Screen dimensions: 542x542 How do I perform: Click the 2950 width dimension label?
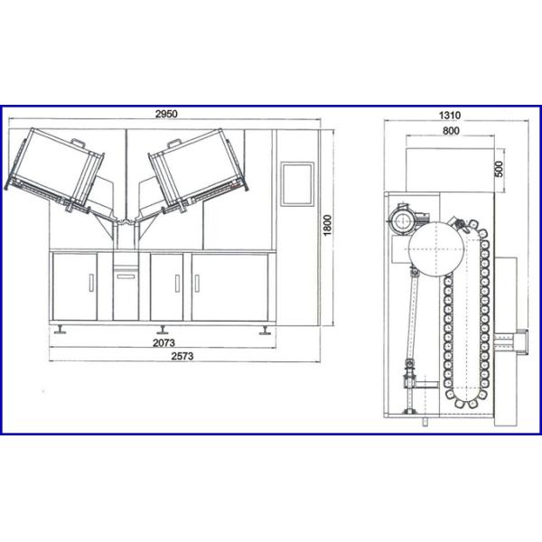tap(165, 115)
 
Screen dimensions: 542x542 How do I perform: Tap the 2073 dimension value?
tap(165, 343)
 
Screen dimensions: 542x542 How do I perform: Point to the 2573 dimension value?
tap(183, 358)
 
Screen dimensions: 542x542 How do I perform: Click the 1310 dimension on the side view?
tap(450, 115)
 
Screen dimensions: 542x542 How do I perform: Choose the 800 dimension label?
tap(451, 131)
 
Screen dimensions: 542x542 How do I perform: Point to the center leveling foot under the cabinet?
tap(162, 329)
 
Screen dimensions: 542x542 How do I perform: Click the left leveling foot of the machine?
tap(60, 330)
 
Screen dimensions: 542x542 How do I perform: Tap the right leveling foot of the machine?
tap(265, 330)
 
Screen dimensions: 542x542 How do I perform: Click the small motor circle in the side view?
tap(398, 220)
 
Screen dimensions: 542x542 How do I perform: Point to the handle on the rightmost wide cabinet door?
tap(196, 283)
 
